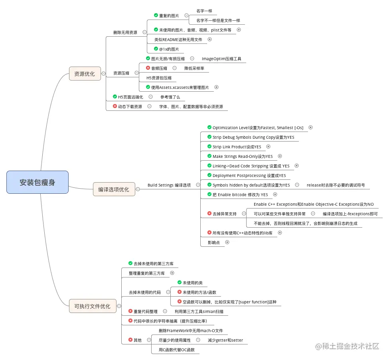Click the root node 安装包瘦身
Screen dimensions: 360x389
pyautogui.click(x=38, y=183)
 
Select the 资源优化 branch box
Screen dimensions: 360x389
pyautogui.click(x=85, y=74)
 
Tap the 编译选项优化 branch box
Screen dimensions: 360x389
pyautogui.click(x=114, y=189)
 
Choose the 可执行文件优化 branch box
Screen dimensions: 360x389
pyautogui.click(x=93, y=306)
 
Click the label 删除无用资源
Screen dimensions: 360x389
pyautogui.click(x=125, y=32)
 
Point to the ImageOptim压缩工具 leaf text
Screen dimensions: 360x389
pyautogui.click(x=221, y=59)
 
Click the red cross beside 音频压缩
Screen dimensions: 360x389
pyautogui.click(x=148, y=68)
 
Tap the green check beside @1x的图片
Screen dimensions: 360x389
pyautogui.click(x=156, y=49)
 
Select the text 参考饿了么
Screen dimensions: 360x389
pyautogui.click(x=170, y=97)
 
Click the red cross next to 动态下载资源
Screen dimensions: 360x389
pyautogui.click(x=115, y=106)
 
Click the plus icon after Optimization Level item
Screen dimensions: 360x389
pyautogui.click(x=310, y=128)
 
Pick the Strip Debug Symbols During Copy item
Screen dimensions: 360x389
pyautogui.click(x=253, y=137)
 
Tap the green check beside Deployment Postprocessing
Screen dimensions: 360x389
pyautogui.click(x=209, y=175)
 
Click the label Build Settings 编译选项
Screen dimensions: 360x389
pyautogui.click(x=169, y=185)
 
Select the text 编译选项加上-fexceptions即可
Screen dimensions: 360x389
pyautogui.click(x=350, y=214)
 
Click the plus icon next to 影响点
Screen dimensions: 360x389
pyautogui.click(x=227, y=242)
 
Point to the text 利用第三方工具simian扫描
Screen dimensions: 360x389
pyautogui.click(x=199, y=311)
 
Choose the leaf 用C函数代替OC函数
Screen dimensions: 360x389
pyautogui.click(x=177, y=350)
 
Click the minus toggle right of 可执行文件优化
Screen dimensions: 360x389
pyautogui.click(x=119, y=306)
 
